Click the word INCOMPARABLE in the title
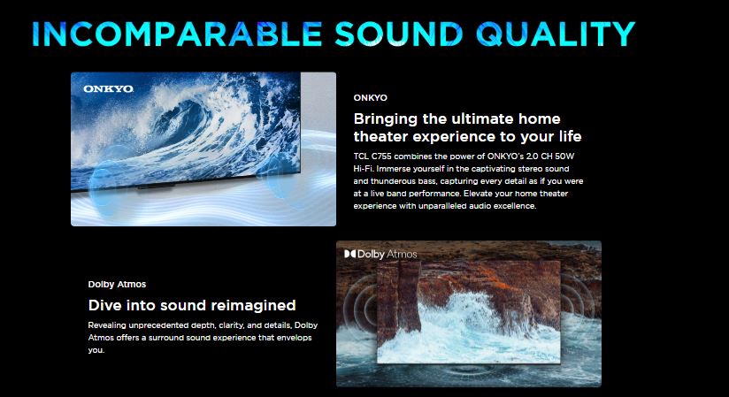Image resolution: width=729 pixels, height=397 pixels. click(177, 34)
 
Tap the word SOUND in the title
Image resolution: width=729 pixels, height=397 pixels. click(399, 34)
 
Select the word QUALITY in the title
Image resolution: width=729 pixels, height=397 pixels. click(556, 34)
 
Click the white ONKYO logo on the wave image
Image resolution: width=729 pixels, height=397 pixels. click(108, 88)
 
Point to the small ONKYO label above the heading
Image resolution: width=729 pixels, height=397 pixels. click(370, 97)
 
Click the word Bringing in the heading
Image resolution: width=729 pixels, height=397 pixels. click(386, 119)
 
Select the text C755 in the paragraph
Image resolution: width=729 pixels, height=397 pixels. click(381, 157)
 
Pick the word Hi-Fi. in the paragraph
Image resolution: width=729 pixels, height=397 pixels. click(364, 169)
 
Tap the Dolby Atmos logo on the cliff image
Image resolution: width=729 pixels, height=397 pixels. click(380, 255)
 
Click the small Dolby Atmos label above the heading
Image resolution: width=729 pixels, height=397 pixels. click(117, 284)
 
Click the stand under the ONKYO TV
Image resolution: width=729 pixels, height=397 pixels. click(156, 187)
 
